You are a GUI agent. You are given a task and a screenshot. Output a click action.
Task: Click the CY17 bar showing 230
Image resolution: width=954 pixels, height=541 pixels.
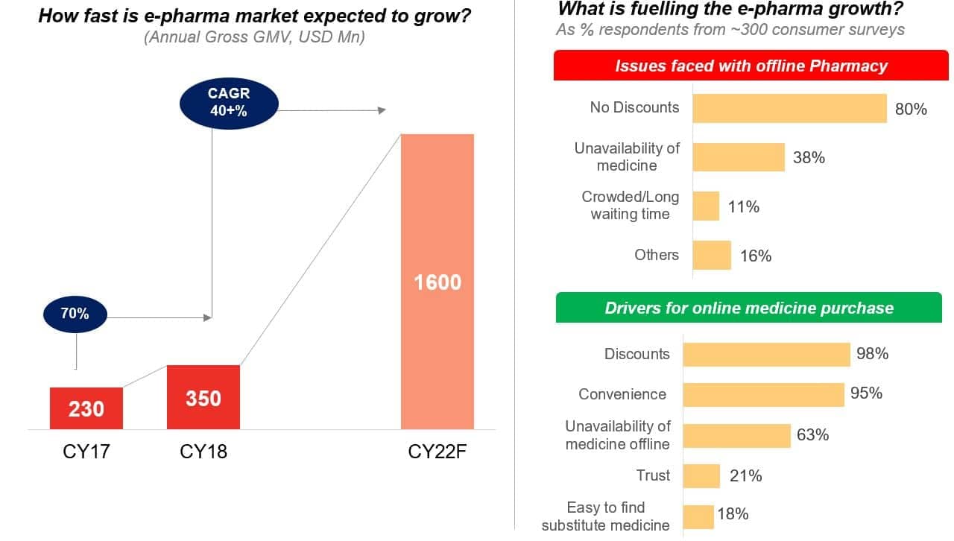coord(86,408)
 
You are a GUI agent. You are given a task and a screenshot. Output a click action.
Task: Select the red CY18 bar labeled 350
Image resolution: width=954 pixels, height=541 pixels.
coord(203,397)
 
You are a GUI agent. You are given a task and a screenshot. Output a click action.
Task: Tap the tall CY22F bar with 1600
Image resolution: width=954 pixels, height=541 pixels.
coord(437,282)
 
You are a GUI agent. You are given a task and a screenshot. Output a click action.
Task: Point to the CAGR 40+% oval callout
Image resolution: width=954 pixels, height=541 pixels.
coord(229,102)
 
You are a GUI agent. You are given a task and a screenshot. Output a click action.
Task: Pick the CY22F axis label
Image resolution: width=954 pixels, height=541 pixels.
coord(437,452)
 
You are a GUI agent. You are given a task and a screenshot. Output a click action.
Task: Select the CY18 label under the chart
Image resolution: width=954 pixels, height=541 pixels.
coord(203,452)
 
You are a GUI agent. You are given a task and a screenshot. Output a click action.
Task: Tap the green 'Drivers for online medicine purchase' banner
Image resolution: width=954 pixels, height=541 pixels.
coord(748,308)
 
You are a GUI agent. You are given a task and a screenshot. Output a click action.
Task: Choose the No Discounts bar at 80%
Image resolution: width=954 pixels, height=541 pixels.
coord(789,108)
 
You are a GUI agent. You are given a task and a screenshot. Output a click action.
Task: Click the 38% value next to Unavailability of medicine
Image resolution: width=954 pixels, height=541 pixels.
coord(809,158)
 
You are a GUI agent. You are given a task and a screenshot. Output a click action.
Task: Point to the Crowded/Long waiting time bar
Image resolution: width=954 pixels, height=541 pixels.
coord(706,206)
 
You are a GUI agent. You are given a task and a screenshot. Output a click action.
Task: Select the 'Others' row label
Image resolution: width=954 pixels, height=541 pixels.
coord(657,255)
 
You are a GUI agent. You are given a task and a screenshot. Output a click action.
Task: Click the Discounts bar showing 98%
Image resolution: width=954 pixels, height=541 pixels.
coord(766,354)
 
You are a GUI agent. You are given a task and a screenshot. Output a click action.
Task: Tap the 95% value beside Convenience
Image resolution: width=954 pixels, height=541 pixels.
coord(866,393)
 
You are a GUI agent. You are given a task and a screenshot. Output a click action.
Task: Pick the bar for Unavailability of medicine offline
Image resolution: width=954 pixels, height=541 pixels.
coord(736,435)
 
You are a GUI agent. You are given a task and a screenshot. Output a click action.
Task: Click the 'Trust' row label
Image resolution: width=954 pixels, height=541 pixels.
coord(653,475)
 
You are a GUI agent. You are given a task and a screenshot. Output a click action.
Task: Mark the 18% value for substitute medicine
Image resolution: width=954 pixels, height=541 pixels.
coord(733,514)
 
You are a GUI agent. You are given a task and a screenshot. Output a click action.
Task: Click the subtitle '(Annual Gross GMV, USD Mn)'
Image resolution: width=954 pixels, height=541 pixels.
coord(254,37)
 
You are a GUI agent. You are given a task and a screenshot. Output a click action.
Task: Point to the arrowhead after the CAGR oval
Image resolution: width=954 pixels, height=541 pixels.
coord(382,110)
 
